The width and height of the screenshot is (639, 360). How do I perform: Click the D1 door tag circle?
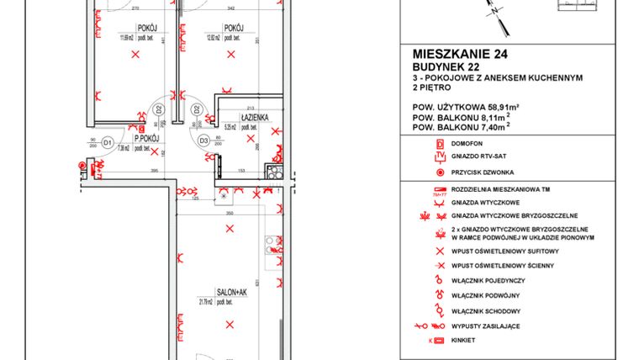108,144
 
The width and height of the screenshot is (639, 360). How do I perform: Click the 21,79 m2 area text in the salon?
207,301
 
